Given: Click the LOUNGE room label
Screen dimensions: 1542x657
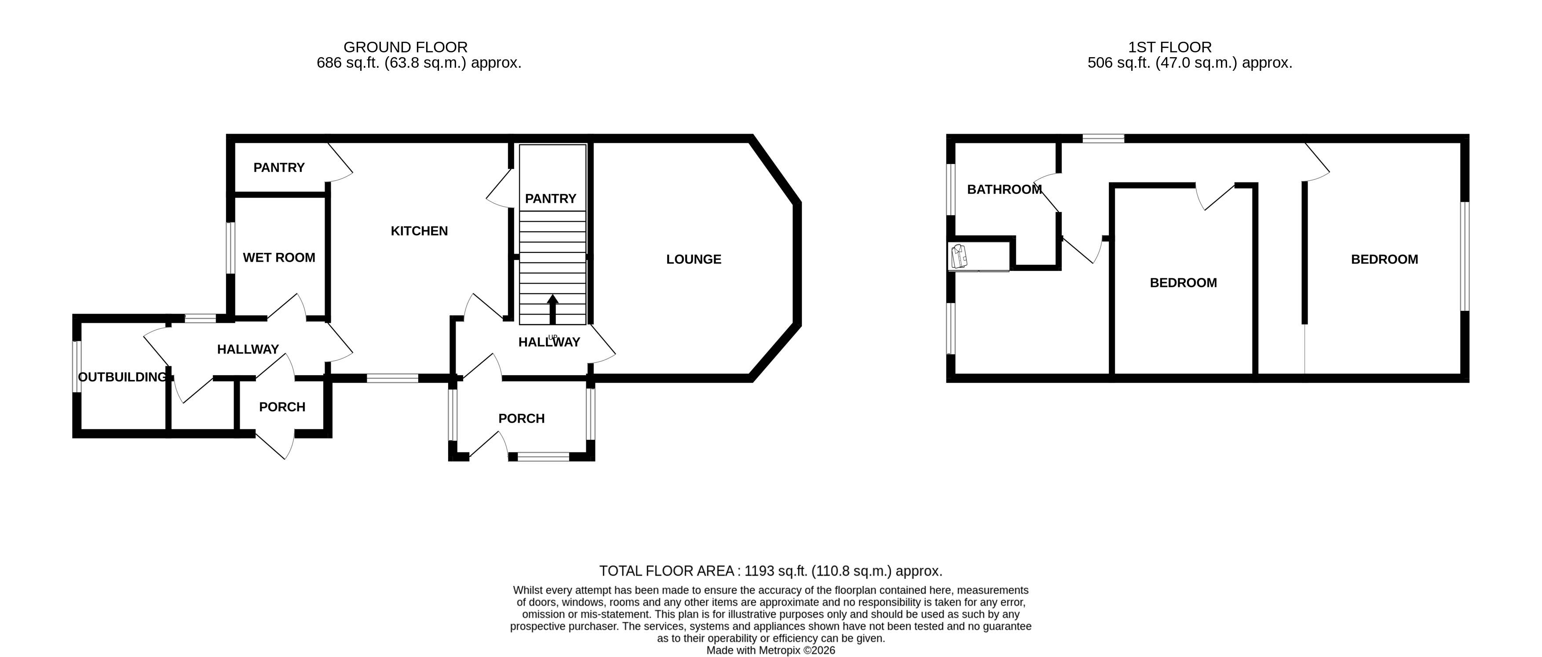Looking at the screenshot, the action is [694, 259].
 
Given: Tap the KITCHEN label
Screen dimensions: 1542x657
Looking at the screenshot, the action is [419, 231].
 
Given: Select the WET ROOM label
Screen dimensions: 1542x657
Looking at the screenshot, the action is [279, 257].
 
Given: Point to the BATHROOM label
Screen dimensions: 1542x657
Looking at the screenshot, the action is [1005, 189].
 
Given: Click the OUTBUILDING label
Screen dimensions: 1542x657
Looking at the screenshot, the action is [123, 377].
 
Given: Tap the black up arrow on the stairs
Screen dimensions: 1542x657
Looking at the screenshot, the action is [552, 309].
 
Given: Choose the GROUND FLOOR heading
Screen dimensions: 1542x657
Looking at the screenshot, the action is [405, 47].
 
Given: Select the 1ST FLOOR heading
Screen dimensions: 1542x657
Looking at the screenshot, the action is [1169, 47].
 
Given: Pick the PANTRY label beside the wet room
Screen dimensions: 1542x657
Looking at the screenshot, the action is [279, 168].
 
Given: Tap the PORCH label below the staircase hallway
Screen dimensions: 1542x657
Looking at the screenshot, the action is [521, 419].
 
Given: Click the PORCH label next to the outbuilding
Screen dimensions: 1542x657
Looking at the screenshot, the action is [282, 407].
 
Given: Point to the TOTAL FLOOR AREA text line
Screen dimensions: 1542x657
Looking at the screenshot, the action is [771, 571].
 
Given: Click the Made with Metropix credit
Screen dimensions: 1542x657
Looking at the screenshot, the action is [771, 650].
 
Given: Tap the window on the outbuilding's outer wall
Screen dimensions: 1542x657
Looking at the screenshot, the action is [77, 367].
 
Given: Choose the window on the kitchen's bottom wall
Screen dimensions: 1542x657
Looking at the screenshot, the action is [393, 378].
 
